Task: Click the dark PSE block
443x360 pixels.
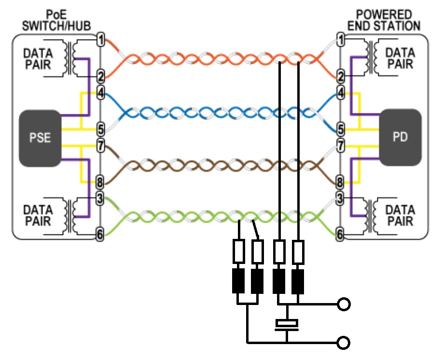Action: click(x=41, y=138)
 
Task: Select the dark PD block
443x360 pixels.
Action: click(x=401, y=138)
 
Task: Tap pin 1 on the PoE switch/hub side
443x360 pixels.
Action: click(x=100, y=40)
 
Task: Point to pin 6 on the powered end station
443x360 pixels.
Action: click(x=340, y=235)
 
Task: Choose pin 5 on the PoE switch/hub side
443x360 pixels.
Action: click(x=100, y=129)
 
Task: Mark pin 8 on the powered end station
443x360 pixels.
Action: click(x=340, y=183)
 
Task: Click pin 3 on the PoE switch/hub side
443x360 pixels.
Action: click(x=100, y=197)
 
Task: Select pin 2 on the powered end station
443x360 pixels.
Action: click(x=340, y=76)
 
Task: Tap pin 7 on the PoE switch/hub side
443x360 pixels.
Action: click(x=100, y=144)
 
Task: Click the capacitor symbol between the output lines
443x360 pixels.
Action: click(x=287, y=325)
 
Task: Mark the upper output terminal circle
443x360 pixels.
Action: click(x=344, y=305)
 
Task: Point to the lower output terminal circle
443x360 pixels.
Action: click(x=344, y=343)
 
